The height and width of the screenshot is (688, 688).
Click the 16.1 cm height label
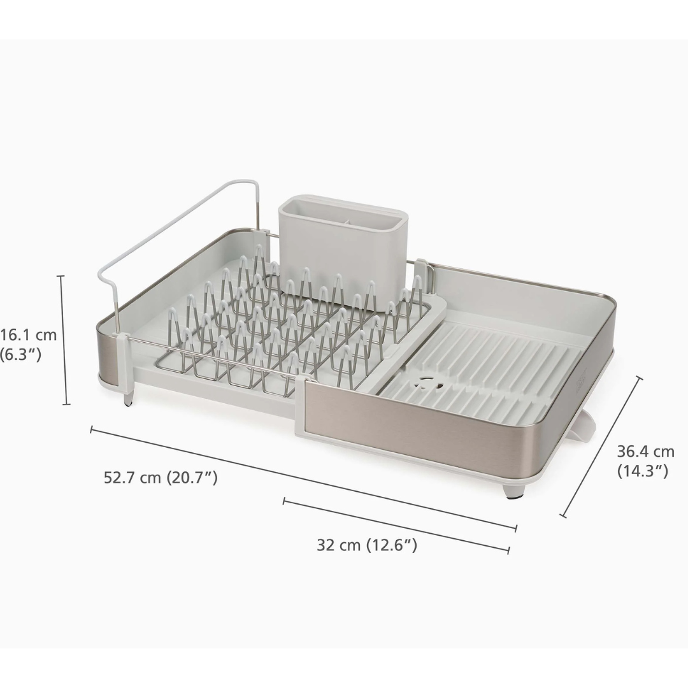[x=29, y=334]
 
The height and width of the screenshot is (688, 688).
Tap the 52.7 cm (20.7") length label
[x=161, y=477]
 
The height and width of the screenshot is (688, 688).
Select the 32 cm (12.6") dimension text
[x=367, y=545]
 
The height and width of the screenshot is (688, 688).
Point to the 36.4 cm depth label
[x=645, y=452]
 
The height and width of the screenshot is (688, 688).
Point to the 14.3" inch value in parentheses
[x=642, y=471]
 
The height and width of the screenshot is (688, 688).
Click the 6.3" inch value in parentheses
[x=22, y=354]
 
